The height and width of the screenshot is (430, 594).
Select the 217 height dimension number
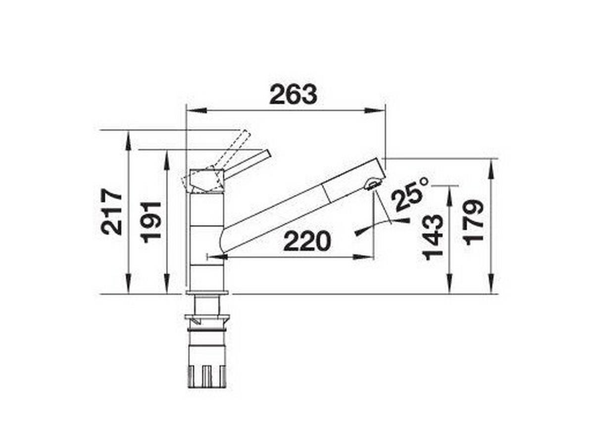click(112, 211)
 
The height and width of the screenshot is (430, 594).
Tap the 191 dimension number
click(151, 221)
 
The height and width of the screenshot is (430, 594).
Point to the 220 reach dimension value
click(307, 242)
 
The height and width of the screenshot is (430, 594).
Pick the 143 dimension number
click(434, 237)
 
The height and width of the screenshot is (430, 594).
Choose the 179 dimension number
click(474, 221)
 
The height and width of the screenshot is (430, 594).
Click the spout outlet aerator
click(372, 185)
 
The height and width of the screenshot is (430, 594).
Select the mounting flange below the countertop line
click(207, 320)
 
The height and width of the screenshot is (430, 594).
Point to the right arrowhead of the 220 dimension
click(367, 256)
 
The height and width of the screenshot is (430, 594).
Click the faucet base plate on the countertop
click(207, 293)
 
